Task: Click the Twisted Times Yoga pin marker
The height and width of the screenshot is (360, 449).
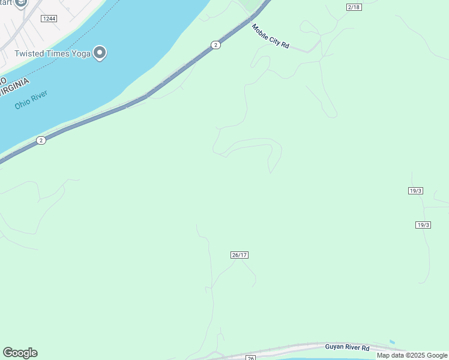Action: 100,53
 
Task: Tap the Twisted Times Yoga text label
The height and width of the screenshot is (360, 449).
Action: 53,54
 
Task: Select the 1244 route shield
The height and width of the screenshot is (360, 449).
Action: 49,19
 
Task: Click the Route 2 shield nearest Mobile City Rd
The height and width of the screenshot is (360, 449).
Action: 215,45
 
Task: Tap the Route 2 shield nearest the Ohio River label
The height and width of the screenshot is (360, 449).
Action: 40,140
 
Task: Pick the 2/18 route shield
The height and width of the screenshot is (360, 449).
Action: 354,7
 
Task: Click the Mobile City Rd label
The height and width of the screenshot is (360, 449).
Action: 270,37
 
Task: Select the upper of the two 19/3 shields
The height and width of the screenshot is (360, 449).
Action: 415,191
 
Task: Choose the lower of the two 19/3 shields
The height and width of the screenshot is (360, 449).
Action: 423,225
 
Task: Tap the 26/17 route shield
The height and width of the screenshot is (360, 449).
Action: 239,255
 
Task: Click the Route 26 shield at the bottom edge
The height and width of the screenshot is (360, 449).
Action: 250,358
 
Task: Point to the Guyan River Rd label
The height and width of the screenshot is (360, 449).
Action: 348,347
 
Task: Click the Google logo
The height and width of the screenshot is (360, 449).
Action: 20,353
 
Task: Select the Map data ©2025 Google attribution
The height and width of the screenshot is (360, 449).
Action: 412,355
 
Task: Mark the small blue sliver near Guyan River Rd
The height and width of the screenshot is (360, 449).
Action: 392,342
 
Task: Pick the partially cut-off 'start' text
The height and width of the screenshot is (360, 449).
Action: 7,2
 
